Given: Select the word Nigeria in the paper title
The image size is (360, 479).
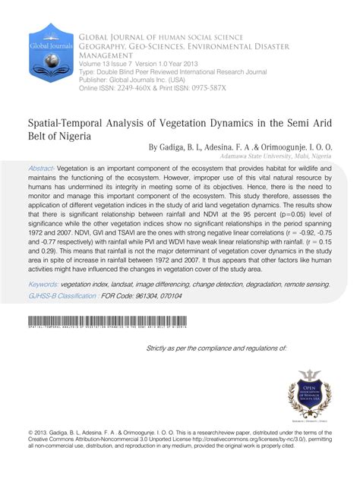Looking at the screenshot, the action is (x=68, y=137).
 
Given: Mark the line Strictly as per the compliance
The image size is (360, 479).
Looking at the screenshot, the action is (x=216, y=348).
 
